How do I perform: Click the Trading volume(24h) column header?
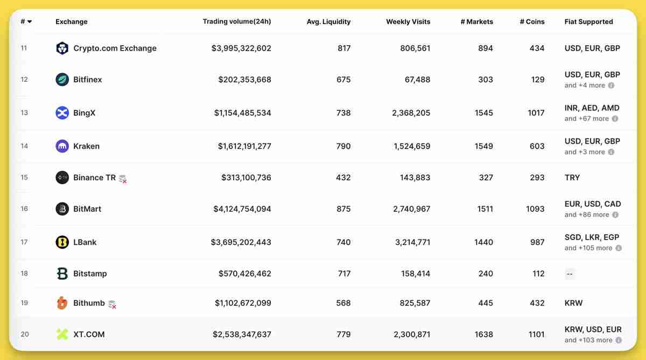click(236, 22)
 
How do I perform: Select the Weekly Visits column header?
click(408, 22)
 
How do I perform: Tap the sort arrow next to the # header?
click(30, 22)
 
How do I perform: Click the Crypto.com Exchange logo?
click(62, 48)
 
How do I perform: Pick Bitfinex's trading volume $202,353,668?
click(244, 80)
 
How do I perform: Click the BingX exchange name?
click(84, 113)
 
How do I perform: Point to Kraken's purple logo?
click(62, 146)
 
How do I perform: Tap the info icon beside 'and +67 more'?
click(615, 119)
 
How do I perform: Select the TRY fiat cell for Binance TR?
click(572, 178)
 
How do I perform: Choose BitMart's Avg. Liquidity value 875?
click(343, 209)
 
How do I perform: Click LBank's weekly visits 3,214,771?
click(412, 242)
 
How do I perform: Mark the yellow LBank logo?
click(62, 242)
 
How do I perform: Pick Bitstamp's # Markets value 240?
click(485, 273)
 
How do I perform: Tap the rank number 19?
click(24, 303)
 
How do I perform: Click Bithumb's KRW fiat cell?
click(573, 303)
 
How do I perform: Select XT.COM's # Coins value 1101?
click(536, 334)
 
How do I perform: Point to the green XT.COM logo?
click(62, 334)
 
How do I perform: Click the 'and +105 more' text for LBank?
click(588, 248)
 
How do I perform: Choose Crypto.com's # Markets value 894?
click(485, 48)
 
